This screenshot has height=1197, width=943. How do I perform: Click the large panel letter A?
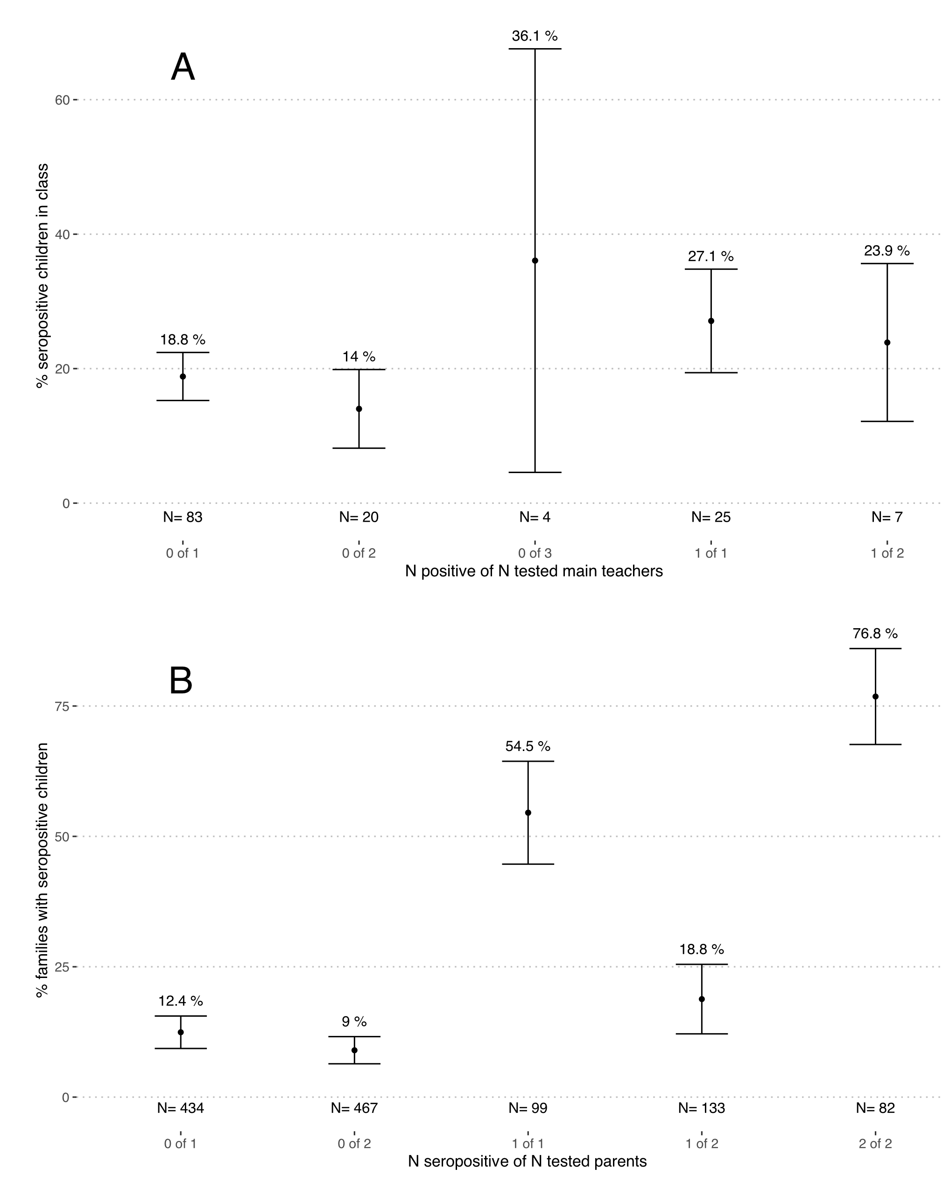pyautogui.click(x=183, y=67)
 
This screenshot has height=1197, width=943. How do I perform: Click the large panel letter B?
pyautogui.click(x=181, y=680)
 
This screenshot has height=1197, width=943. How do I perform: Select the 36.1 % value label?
pyautogui.click(x=535, y=36)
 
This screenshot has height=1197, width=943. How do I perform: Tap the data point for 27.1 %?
pyautogui.click(x=711, y=321)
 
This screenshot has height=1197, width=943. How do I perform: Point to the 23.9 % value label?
pyautogui.click(x=887, y=251)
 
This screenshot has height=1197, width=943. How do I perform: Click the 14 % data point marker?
pyautogui.click(x=359, y=409)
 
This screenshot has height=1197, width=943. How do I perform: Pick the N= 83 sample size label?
pyautogui.click(x=183, y=517)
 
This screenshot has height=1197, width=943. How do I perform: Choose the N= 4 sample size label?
pyautogui.click(x=535, y=517)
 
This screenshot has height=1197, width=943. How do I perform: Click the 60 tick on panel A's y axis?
pyautogui.click(x=62, y=100)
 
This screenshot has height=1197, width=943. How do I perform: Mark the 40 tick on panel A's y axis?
pyautogui.click(x=62, y=234)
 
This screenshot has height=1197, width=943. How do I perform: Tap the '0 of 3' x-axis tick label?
pyautogui.click(x=535, y=553)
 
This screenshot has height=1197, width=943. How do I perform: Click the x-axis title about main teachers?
pyautogui.click(x=534, y=571)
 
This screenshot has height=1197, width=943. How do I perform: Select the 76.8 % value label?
pyautogui.click(x=875, y=634)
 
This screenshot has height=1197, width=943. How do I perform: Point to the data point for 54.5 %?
pyautogui.click(x=528, y=813)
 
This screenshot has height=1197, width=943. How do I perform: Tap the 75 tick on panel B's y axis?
pyautogui.click(x=62, y=706)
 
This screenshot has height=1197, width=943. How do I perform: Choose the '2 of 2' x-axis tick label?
pyautogui.click(x=875, y=1143)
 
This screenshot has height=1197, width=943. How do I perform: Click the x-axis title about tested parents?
pyautogui.click(x=527, y=1162)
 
